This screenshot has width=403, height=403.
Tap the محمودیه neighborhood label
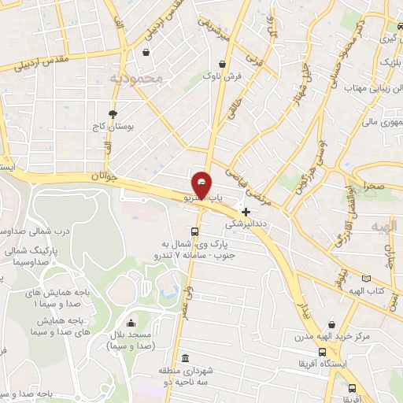(136, 78)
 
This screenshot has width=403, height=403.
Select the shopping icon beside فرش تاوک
(224, 64)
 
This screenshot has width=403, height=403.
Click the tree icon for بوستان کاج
(113, 113)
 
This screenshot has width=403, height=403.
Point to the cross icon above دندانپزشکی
(246, 211)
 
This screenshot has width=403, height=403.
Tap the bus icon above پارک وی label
(194, 231)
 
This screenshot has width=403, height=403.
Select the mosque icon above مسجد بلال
(131, 323)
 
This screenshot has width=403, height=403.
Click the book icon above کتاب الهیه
(364, 278)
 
